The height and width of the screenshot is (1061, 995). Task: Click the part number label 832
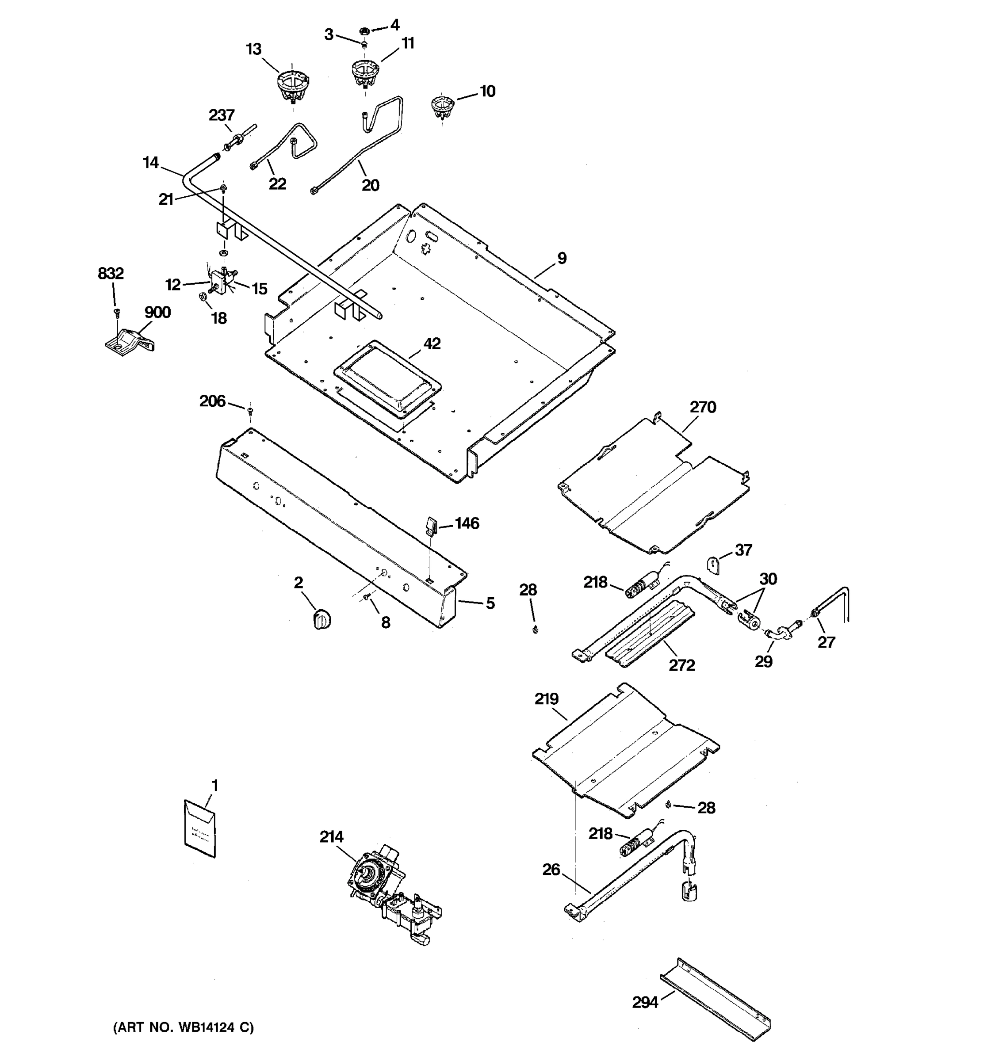click(111, 273)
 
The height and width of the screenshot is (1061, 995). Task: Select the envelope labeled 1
click(199, 828)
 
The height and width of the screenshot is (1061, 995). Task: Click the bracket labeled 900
click(129, 340)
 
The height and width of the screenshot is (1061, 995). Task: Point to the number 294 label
click(645, 1002)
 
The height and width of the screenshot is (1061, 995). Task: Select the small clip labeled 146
click(431, 525)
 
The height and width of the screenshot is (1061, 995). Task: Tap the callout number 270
click(703, 407)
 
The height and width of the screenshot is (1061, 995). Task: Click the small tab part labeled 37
click(714, 565)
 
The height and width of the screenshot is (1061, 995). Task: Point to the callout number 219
click(546, 698)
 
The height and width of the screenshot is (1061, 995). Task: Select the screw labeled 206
click(250, 410)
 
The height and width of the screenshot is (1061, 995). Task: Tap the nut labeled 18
click(203, 296)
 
